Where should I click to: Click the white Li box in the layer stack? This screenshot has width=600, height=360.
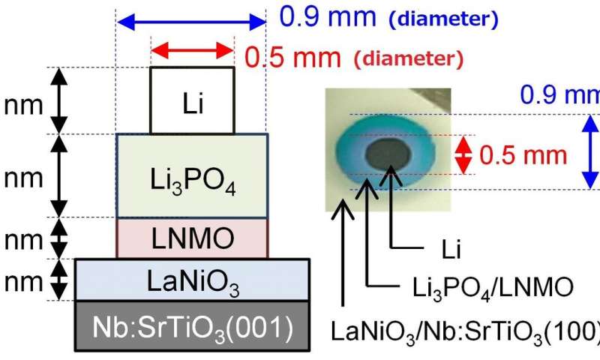click(x=193, y=100)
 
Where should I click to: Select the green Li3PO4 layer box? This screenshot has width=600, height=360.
click(x=193, y=176)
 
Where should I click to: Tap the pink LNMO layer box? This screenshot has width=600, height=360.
click(x=193, y=238)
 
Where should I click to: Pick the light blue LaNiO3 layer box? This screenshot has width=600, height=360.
click(x=193, y=280)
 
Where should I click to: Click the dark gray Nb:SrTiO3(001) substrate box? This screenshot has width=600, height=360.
click(x=193, y=326)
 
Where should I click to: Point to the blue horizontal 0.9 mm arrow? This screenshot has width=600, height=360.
click(x=191, y=22)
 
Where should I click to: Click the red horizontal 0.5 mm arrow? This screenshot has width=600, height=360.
click(x=193, y=50)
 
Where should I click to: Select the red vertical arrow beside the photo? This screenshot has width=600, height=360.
click(x=463, y=155)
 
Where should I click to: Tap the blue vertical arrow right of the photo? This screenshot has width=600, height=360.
click(x=590, y=152)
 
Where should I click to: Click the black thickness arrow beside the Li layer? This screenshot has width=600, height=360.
click(x=59, y=100)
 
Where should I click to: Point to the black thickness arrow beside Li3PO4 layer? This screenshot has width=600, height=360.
click(x=59, y=176)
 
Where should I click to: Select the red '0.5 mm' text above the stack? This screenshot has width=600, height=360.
click(x=292, y=58)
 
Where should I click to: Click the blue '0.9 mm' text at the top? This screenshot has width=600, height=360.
click(x=328, y=16)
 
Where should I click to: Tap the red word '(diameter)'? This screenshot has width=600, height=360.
click(x=409, y=58)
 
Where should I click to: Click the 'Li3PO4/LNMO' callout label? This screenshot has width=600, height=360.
click(x=493, y=288)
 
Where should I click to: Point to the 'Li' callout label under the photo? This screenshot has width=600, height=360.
click(x=451, y=250)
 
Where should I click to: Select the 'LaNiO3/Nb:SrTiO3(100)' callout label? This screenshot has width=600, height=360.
click(x=465, y=331)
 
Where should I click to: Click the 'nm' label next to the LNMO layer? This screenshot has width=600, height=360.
click(x=24, y=240)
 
